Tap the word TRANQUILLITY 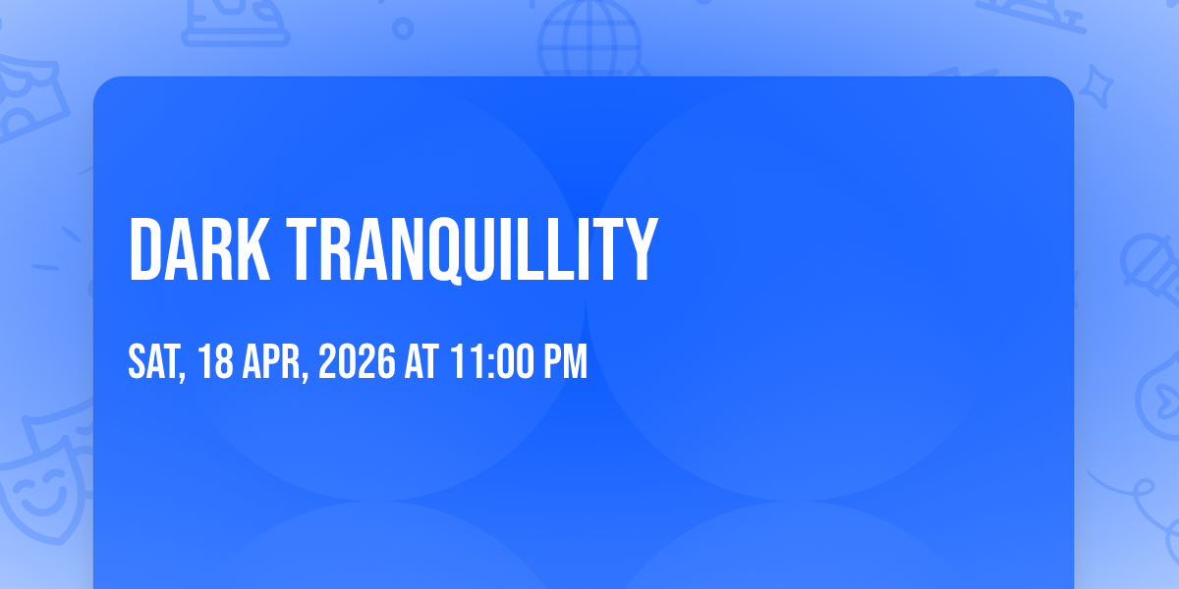point(473,250)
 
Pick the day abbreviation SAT point(153,361)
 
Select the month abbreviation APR point(270,361)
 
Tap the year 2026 point(357,361)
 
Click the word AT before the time point(421,361)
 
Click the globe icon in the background point(589,38)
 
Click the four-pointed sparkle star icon point(1095,86)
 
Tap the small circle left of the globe point(403,28)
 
